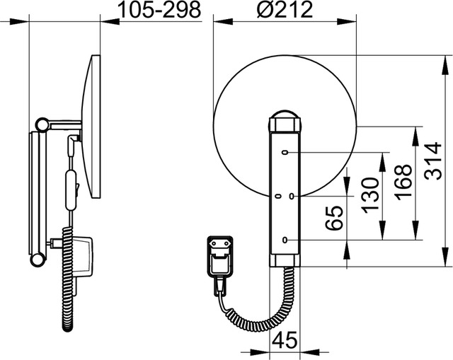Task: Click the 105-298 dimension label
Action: click(x=160, y=11)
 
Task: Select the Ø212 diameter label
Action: click(x=285, y=9)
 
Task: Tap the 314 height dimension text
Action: click(x=434, y=161)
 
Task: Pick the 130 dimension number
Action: click(x=371, y=195)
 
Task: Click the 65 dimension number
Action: click(x=334, y=218)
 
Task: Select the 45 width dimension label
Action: click(x=285, y=339)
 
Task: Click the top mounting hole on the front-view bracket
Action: click(x=285, y=153)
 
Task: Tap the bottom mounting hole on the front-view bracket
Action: click(x=285, y=240)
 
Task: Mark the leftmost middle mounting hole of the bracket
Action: click(x=278, y=197)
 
